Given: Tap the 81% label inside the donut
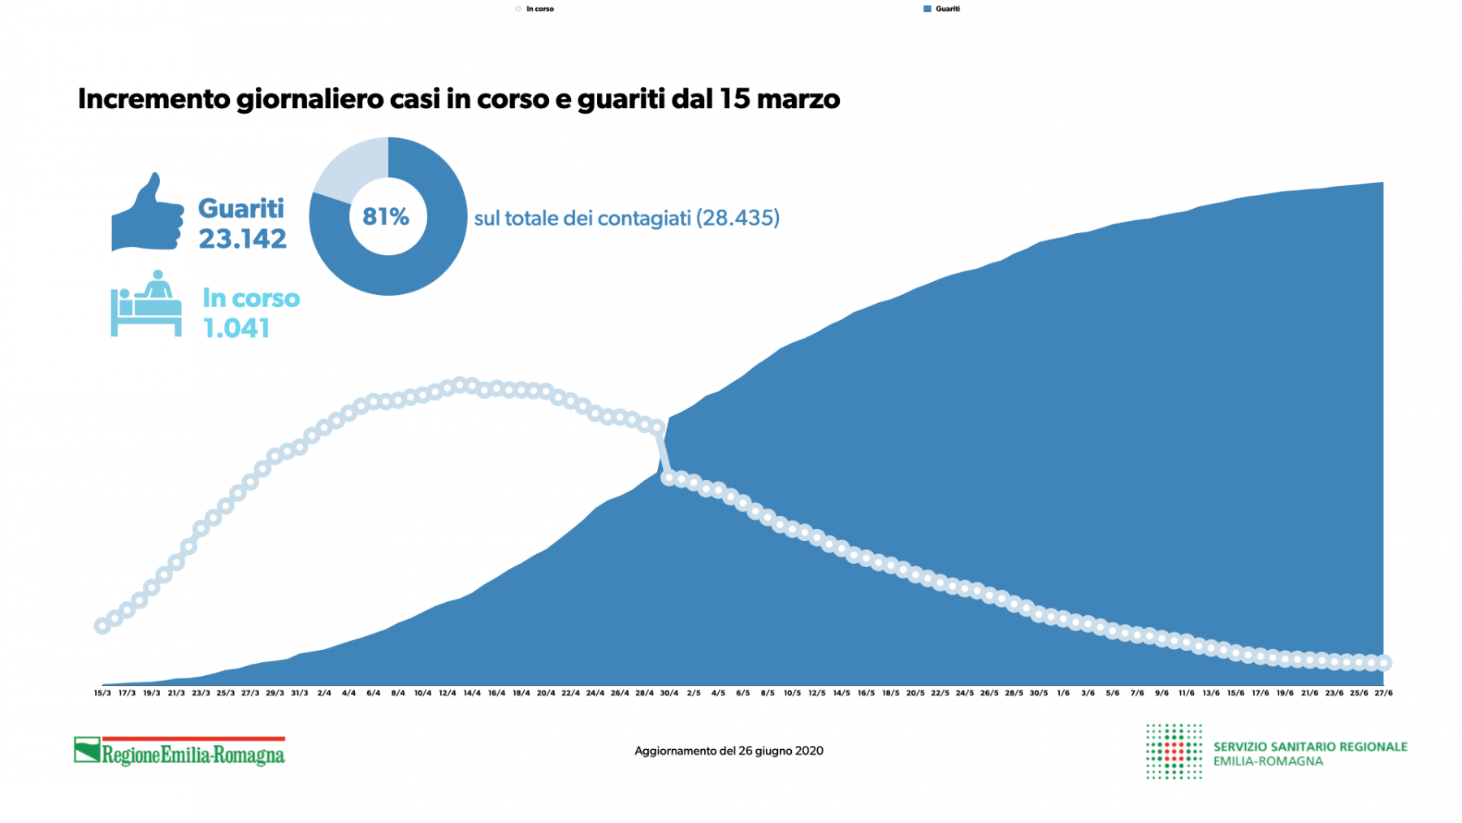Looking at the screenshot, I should pyautogui.click(x=386, y=217).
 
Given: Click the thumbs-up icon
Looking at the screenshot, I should pyautogui.click(x=147, y=214).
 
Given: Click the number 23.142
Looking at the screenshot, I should pyautogui.click(x=243, y=239).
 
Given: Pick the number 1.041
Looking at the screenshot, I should pyautogui.click(x=236, y=328).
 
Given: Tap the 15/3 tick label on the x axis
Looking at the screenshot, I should pyautogui.click(x=102, y=693).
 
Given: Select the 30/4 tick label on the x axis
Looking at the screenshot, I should pyautogui.click(x=669, y=693).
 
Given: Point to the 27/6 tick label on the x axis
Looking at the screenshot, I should pyautogui.click(x=1383, y=693).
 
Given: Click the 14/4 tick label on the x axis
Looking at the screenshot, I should pyautogui.click(x=472, y=693).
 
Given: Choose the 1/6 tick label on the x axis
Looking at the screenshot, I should pyautogui.click(x=1063, y=693).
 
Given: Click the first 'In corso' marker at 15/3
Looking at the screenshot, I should pyautogui.click(x=102, y=626).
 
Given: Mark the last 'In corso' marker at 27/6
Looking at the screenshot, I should pyautogui.click(x=1384, y=663).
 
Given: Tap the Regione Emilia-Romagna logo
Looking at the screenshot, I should pyautogui.click(x=180, y=752).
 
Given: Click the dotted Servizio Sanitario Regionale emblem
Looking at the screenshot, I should pyautogui.click(x=1174, y=752).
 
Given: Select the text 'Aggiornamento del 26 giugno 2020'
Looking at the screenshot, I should pyautogui.click(x=729, y=751).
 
